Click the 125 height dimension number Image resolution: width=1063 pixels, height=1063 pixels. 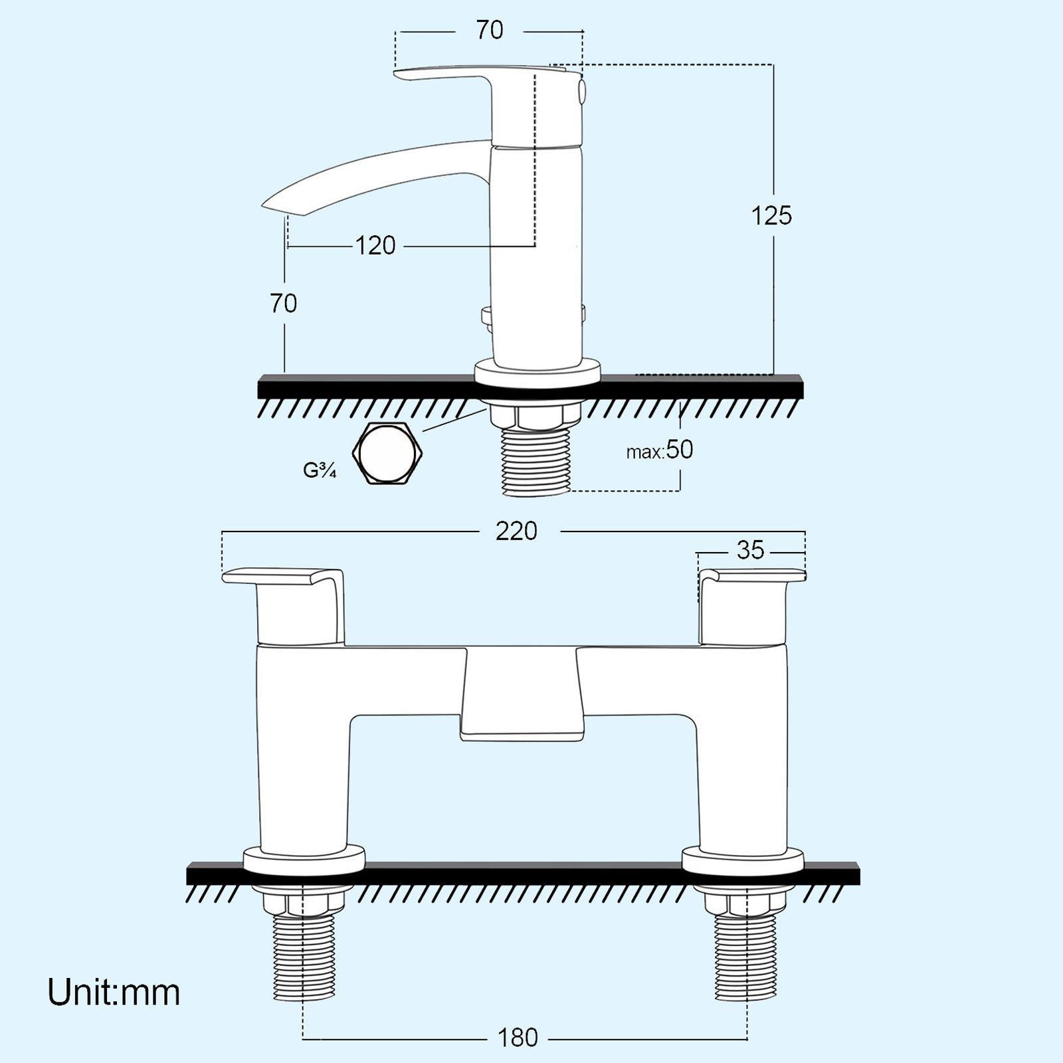[x=771, y=216]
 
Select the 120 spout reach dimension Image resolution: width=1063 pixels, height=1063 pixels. [x=375, y=246]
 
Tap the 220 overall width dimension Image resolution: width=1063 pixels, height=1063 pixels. [x=516, y=531]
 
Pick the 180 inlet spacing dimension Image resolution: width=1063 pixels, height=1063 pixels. [x=518, y=1037]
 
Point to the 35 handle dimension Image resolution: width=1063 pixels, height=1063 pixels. [x=750, y=550]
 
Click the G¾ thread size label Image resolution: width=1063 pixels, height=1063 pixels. [x=320, y=470]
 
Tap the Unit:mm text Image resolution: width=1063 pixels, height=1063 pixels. [x=114, y=993]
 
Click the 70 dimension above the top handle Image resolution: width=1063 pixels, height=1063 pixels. [x=490, y=31]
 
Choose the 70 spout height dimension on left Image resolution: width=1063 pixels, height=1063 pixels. [x=284, y=304]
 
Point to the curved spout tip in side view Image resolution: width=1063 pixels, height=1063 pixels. [x=279, y=203]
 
